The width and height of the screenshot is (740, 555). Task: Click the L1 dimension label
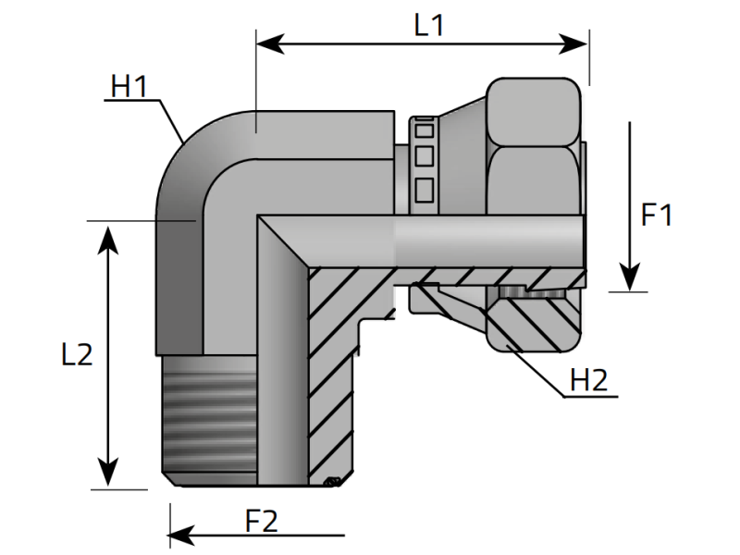click(428, 25)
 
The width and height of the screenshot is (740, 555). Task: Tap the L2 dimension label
click(77, 354)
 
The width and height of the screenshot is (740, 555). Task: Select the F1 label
click(656, 216)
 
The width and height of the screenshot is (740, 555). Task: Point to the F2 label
click(262, 521)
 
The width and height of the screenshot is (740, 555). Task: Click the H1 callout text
click(129, 87)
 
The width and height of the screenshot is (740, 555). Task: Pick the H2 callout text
click(588, 379)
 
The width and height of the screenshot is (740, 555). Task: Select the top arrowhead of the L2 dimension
click(109, 231)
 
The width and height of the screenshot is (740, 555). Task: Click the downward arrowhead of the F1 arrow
click(630, 279)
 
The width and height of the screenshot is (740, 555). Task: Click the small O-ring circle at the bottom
click(332, 481)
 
